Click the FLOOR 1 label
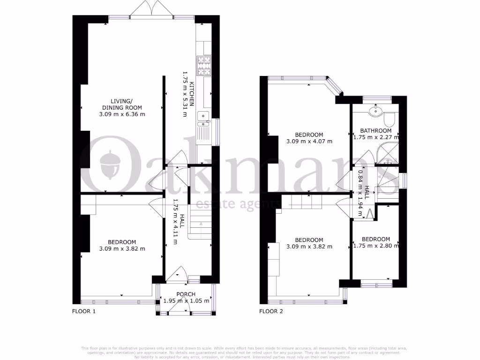pos(83,311)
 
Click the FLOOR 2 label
pos(271,311)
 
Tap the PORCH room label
pos(186,294)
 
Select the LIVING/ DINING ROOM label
pos(122,104)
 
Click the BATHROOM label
pos(375,131)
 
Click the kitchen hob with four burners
pos(204,66)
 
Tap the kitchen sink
pos(204,120)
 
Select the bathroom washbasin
pos(375,112)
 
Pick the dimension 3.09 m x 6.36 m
pos(122,114)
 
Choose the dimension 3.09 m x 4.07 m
pos(309,141)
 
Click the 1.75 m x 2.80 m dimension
pos(375,245)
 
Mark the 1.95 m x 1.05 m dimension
pos(186,301)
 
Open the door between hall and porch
pos(178,274)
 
